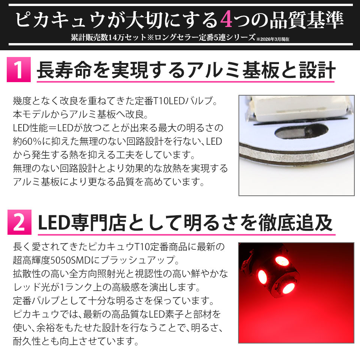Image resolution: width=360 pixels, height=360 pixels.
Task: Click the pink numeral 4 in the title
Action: [226, 20]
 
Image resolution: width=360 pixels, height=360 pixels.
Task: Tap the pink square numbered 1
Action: [19, 70]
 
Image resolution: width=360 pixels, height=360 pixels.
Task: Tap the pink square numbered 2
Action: [19, 222]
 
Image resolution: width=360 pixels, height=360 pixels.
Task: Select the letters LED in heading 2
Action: [54, 223]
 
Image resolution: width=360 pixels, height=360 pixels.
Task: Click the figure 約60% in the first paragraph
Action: [27, 141]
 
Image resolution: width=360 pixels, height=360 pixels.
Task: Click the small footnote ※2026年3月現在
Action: [273, 39]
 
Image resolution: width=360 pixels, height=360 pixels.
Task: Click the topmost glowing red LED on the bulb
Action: [282, 261]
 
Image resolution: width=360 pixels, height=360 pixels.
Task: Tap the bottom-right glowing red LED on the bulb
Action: [288, 289]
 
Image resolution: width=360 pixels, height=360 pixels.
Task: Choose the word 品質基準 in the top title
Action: [306, 20]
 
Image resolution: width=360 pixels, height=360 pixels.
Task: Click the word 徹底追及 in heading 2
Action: [295, 223]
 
